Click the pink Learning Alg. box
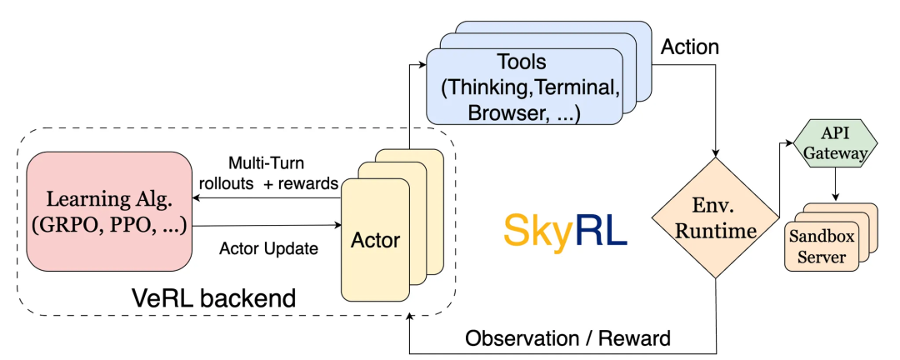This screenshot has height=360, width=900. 109,212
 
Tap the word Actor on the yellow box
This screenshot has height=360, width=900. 375,239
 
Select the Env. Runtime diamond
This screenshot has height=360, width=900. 715,218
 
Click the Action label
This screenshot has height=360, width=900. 690,47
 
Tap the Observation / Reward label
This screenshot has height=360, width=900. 567,338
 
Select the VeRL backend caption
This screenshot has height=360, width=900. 213,298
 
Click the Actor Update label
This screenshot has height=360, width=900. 268,249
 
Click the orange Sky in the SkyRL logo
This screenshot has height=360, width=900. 537,230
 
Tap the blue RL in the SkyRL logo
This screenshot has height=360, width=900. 600,230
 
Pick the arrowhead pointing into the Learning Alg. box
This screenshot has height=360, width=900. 196,198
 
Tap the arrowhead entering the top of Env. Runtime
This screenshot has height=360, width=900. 716,153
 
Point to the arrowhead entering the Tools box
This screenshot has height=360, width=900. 423,64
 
